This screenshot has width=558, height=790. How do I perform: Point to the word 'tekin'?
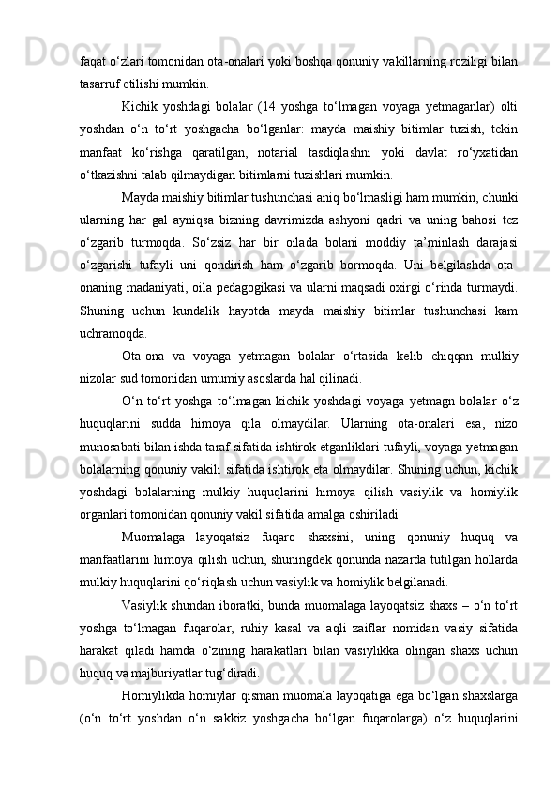pos(504,129)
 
